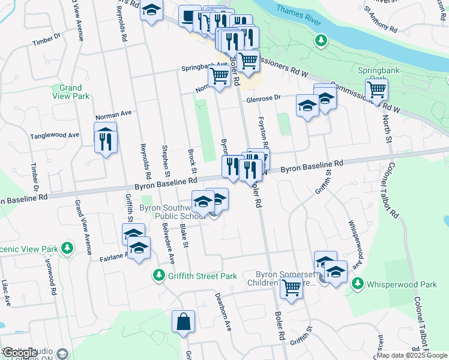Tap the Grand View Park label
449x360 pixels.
click(71, 92)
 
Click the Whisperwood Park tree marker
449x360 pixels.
click(358, 283)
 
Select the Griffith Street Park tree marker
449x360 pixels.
click(158, 275)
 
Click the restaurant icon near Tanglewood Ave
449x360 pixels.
click(105, 140)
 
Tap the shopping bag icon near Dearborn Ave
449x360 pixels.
click(183, 322)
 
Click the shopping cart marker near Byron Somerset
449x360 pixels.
click(291, 287)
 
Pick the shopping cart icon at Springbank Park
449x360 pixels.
click(376, 90)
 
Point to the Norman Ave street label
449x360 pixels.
click(113, 113)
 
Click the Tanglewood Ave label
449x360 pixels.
click(55, 136)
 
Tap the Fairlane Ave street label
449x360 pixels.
click(114, 257)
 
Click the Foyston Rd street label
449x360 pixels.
click(262, 134)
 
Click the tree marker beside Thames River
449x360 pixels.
click(322, 40)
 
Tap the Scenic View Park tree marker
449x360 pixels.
click(67, 248)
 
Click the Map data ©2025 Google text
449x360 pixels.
click(411, 355)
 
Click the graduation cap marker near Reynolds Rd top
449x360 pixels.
click(152, 10)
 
